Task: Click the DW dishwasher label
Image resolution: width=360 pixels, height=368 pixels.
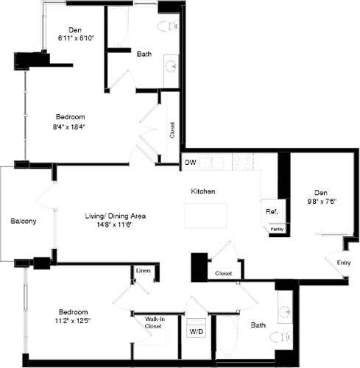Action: (x=190, y=163)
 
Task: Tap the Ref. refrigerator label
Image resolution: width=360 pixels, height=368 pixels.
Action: (x=271, y=212)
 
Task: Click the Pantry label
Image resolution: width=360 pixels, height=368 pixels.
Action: (x=277, y=230)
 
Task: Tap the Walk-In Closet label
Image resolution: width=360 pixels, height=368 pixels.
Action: (x=154, y=322)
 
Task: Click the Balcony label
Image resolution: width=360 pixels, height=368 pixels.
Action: (x=24, y=221)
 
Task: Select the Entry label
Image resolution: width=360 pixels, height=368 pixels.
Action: (x=343, y=263)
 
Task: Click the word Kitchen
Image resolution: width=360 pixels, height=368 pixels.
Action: (x=203, y=191)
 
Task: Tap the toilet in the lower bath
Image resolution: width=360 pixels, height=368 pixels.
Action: (x=279, y=338)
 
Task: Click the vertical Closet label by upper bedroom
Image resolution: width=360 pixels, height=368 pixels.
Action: (x=172, y=130)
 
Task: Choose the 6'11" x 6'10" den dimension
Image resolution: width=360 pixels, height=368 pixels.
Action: (x=73, y=40)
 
